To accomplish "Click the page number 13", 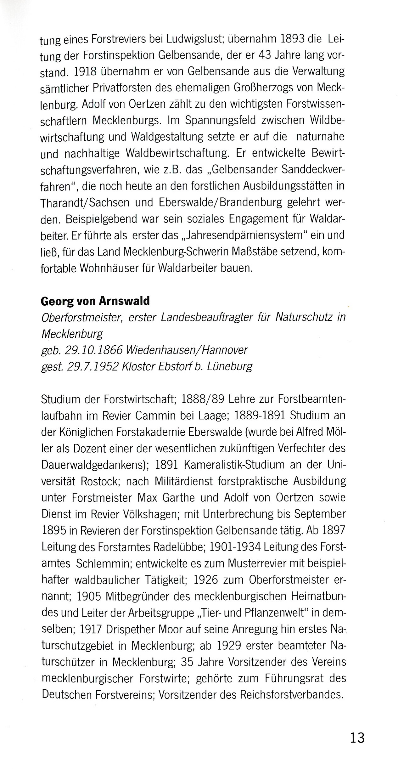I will (x=357, y=737).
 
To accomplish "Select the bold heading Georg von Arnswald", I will (x=95, y=301).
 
